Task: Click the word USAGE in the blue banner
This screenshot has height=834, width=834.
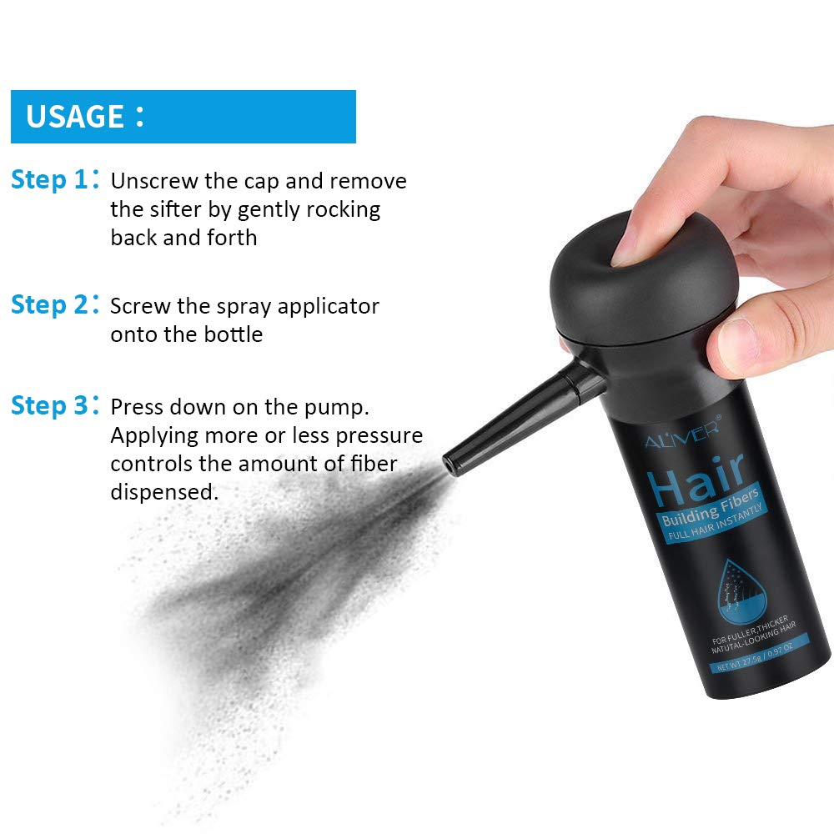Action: pyautogui.click(x=75, y=116)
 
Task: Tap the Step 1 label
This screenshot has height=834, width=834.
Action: pyautogui.click(x=49, y=180)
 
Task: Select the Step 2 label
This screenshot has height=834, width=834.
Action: pyautogui.click(x=49, y=305)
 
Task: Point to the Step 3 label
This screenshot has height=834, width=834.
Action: pyautogui.click(x=49, y=406)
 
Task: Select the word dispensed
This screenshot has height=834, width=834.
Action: pyautogui.click(x=164, y=492)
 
